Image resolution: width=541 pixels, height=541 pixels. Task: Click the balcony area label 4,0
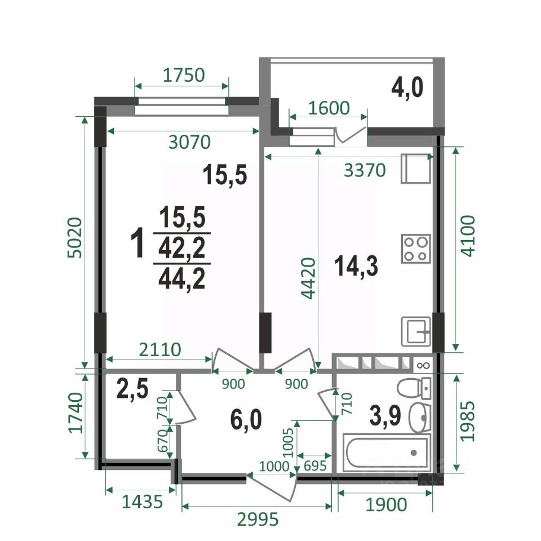point(407,88)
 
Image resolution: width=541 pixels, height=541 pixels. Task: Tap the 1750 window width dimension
point(184,75)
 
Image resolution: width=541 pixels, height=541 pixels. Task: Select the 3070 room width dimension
point(189,142)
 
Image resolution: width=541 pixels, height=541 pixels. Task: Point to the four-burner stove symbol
point(416,249)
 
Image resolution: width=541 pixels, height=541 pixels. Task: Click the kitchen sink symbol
point(416,331)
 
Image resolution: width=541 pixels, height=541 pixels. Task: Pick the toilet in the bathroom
point(414,388)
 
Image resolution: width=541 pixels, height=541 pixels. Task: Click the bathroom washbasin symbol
point(420,417)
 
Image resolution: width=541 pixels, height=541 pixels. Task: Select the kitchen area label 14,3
point(356,266)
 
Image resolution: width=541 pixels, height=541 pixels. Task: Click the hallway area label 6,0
point(246,419)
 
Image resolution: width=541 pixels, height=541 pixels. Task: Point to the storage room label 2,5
point(132,388)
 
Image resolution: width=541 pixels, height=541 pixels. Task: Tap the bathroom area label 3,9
point(385,416)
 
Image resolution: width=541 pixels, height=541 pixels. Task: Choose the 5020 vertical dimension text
point(75,237)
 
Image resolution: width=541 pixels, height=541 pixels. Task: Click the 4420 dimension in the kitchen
point(308,278)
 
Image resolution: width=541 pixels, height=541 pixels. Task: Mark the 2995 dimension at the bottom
point(258,518)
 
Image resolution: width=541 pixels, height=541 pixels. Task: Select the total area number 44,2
point(182,279)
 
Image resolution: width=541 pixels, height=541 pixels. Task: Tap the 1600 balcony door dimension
point(329,108)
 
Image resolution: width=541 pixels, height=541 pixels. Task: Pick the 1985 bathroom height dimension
point(468,421)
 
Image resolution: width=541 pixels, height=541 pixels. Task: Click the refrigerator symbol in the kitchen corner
point(416,168)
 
